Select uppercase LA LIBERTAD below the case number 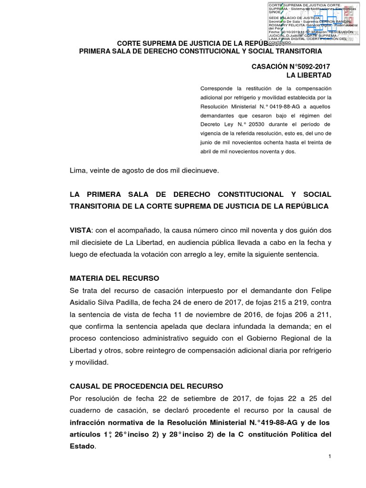(308, 75)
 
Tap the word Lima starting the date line (78, 171)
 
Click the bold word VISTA (81, 230)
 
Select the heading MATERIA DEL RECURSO (114, 278)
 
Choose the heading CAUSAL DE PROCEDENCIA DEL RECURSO (146, 386)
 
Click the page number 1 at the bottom (329, 457)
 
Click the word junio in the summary (207, 143)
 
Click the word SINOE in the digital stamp (275, 12)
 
